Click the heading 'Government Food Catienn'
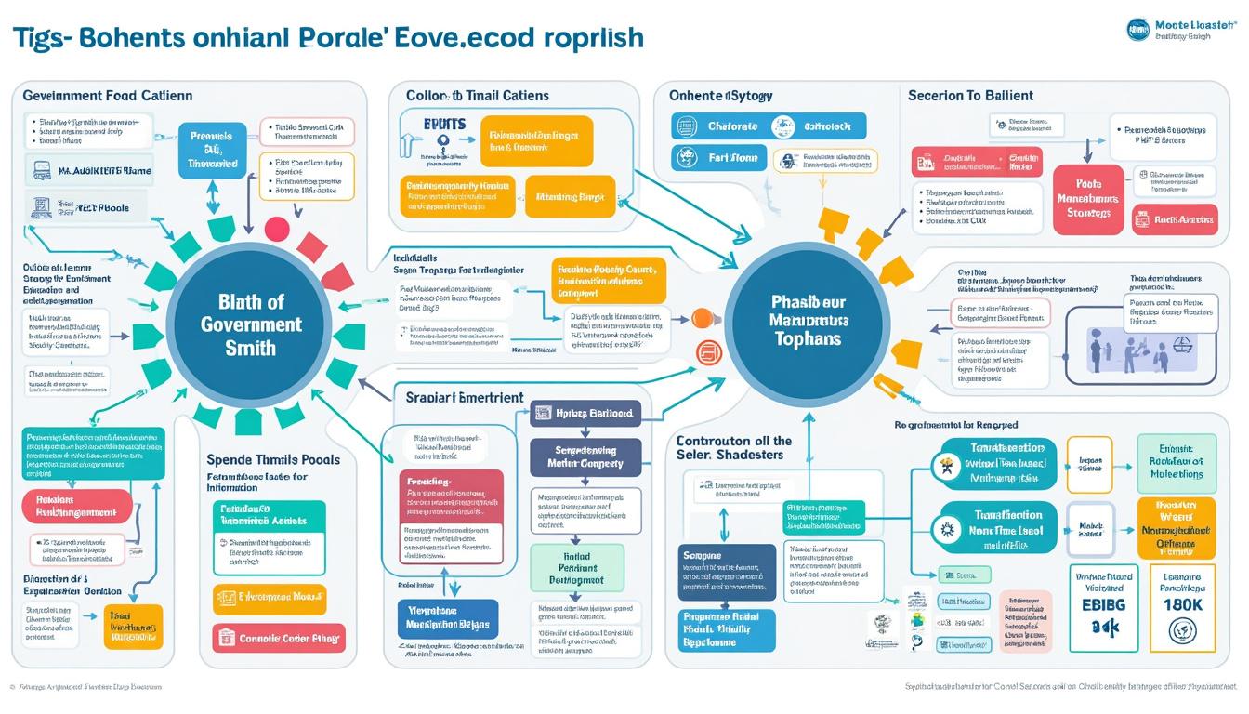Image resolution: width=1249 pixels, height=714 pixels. tap(107, 96)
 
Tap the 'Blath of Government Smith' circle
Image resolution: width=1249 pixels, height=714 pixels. tap(251, 324)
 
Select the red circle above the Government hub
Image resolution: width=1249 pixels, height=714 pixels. tap(278, 230)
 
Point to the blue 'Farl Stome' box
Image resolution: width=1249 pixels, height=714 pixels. tap(718, 158)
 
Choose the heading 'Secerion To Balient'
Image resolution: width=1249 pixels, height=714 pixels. tap(970, 96)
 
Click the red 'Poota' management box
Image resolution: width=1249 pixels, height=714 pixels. tap(1087, 200)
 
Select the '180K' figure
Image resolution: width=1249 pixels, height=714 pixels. tap(1182, 604)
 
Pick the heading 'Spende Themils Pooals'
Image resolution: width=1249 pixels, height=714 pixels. tap(272, 460)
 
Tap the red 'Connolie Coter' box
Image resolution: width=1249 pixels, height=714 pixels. tap(279, 639)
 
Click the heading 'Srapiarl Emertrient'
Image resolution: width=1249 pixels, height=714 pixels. tap(465, 398)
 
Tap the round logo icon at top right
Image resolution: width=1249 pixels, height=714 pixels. tap(1137, 29)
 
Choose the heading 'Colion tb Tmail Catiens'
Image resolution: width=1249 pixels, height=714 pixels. tap(477, 96)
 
